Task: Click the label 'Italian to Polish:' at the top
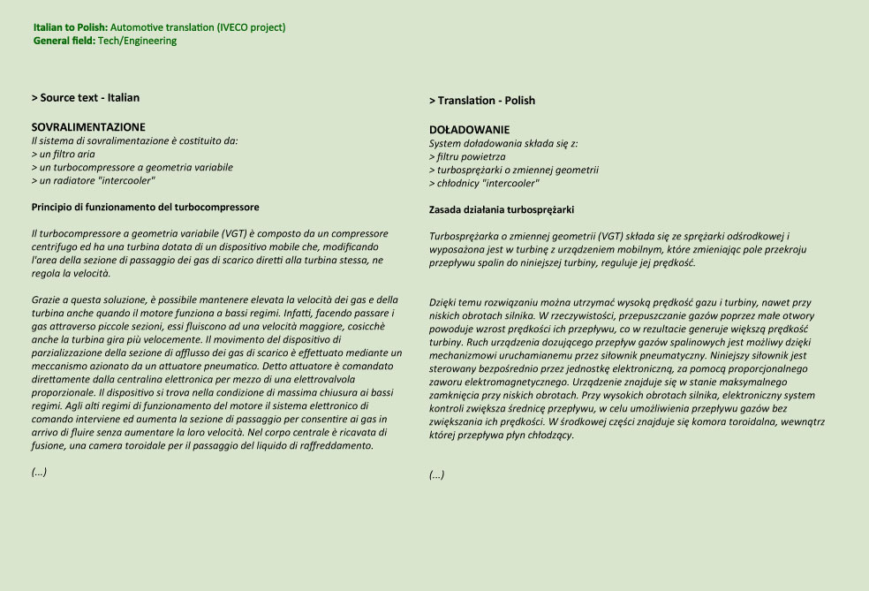tap(71, 27)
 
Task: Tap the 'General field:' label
tap(64, 41)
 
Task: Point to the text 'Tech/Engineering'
tap(137, 41)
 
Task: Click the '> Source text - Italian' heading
tap(86, 98)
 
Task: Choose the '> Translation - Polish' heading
tap(482, 101)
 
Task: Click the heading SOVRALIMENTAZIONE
tap(88, 127)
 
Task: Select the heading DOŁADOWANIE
tap(469, 130)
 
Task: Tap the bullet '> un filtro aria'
tap(64, 154)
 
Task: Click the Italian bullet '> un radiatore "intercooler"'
tap(94, 180)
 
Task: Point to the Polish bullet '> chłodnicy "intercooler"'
tap(484, 183)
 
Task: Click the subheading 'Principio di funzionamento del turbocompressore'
tap(146, 207)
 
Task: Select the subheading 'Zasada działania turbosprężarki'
tap(502, 209)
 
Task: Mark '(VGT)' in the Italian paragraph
tap(236, 233)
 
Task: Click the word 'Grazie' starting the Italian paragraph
tap(46, 300)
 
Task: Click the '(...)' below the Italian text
tap(39, 471)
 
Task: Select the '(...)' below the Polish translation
tap(437, 474)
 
